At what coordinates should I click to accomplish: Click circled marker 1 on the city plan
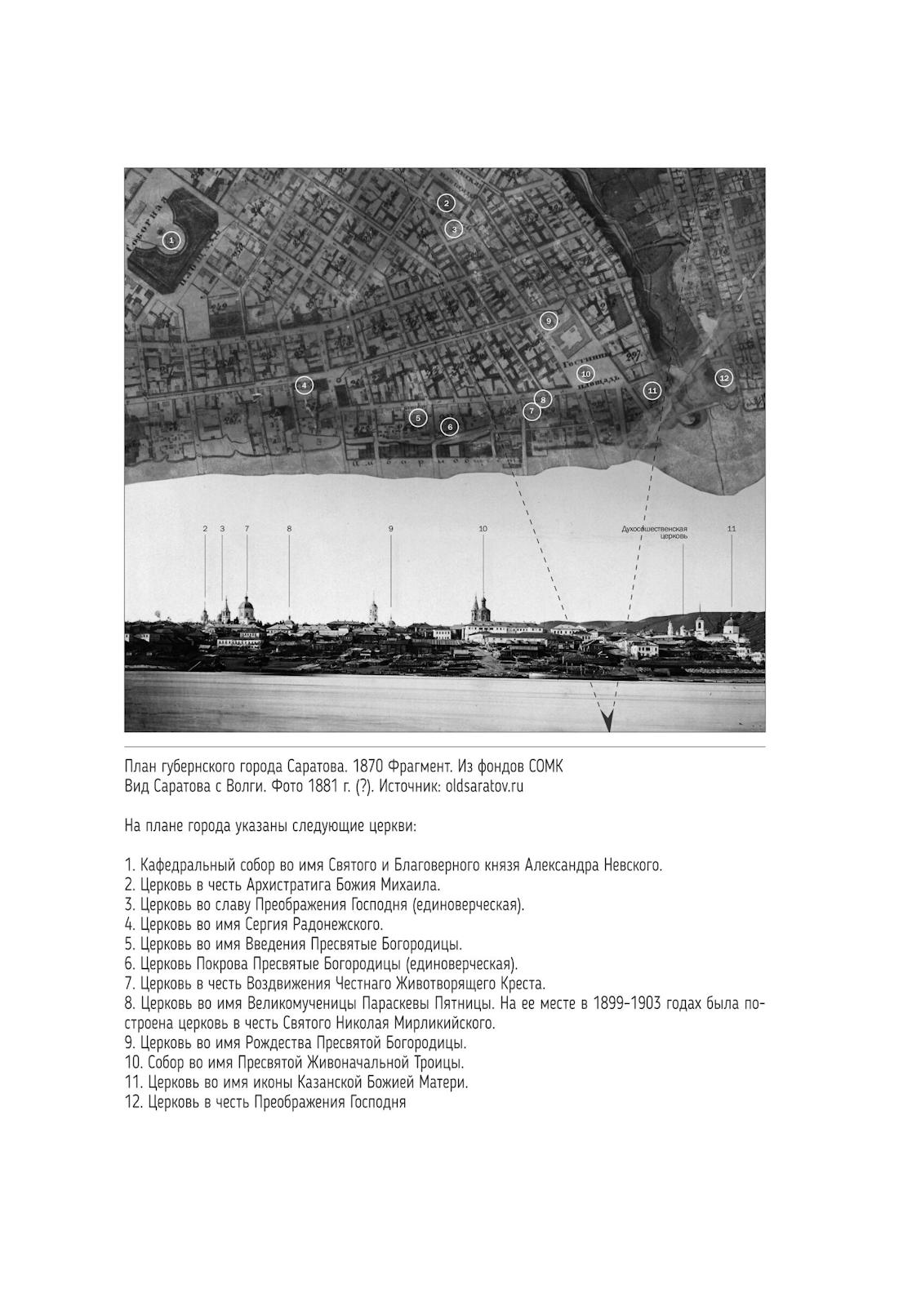click(171, 240)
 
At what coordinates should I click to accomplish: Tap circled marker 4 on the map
click(304, 384)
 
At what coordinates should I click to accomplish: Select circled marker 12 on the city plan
click(723, 377)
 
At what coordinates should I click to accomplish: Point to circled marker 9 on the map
click(549, 320)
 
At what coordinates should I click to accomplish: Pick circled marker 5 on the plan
click(417, 418)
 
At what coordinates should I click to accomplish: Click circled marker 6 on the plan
click(449, 426)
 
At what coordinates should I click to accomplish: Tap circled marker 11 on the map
click(651, 390)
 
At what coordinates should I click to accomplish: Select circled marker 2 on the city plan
click(445, 202)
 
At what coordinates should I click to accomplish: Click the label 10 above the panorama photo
click(483, 529)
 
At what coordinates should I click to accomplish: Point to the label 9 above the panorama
click(390, 529)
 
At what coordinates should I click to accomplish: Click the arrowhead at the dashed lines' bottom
click(607, 722)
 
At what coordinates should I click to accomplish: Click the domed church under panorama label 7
click(246, 609)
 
